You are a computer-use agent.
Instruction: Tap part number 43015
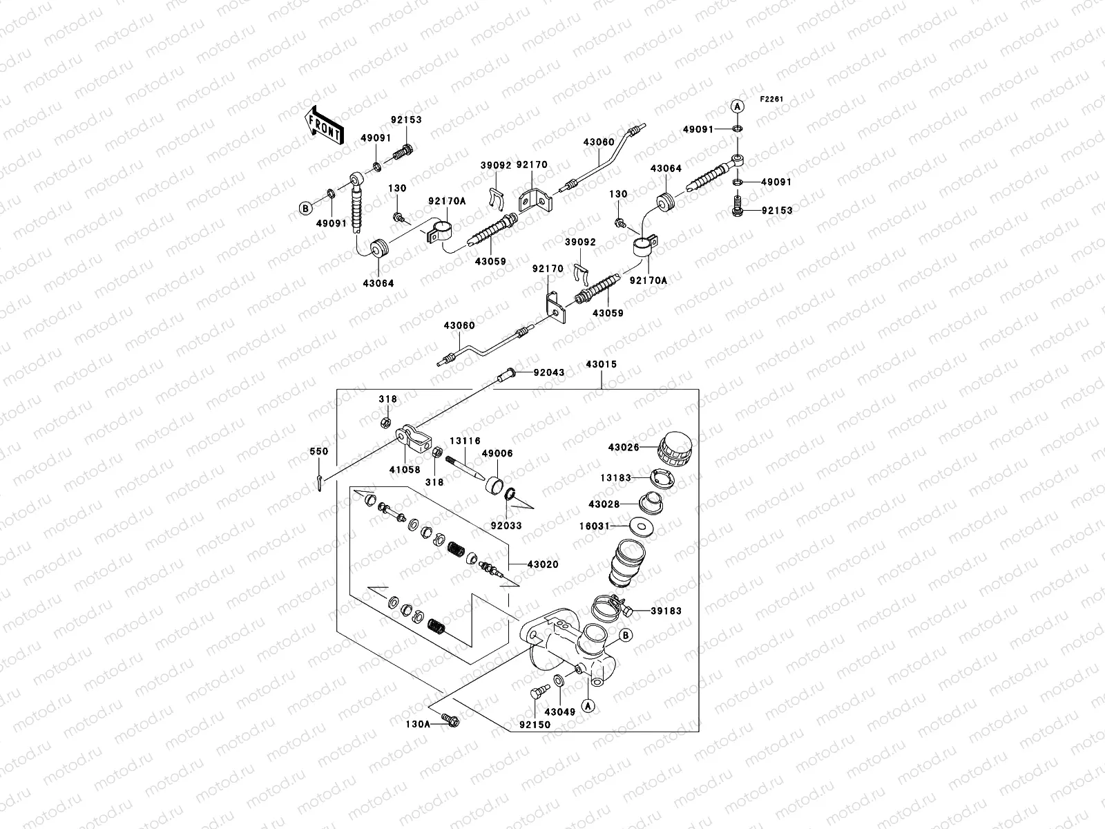coord(601,364)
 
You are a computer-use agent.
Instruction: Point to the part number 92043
coord(549,373)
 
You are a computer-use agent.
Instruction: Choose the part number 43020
coord(543,564)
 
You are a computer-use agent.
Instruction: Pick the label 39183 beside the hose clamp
coord(666,611)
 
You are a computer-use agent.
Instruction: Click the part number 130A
coord(419,723)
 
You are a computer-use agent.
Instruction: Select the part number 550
coord(319,451)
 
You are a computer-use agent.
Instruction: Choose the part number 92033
coord(506,526)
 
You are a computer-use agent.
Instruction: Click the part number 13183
coord(613,477)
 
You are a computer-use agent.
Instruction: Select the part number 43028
coord(604,504)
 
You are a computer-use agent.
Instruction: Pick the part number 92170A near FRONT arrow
coord(447,201)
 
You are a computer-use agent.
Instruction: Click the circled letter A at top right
coord(737,106)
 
